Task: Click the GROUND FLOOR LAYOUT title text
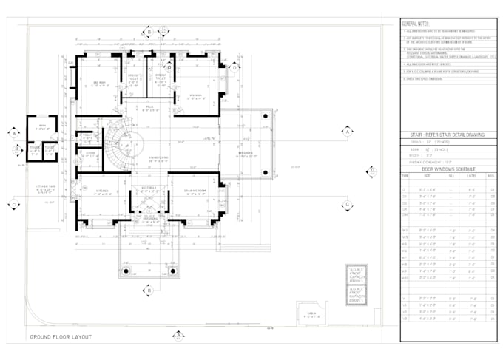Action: [x=60, y=336]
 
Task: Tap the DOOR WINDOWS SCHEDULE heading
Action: [x=448, y=169]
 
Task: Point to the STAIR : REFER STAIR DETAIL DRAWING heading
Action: [x=448, y=135]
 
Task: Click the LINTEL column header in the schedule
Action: [x=471, y=176]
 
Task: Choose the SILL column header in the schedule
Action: [x=451, y=176]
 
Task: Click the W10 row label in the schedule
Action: [x=405, y=278]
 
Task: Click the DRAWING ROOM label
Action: [x=195, y=191]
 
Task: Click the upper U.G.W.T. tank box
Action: [x=357, y=274]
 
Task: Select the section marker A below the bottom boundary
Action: [x=178, y=336]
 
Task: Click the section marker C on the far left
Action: [x=13, y=204]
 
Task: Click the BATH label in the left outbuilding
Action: [x=42, y=126]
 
